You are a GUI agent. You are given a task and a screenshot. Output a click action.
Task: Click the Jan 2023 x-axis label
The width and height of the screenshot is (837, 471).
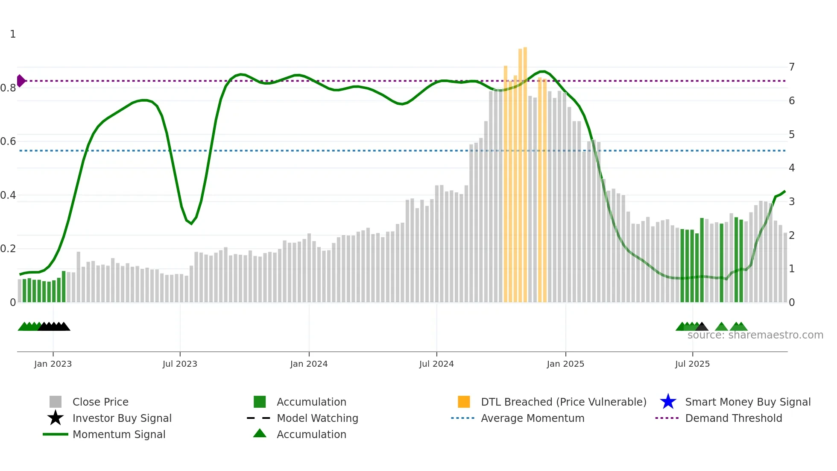pyautogui.click(x=53, y=364)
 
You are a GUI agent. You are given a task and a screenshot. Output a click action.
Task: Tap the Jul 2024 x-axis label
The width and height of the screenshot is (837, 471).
pyautogui.click(x=436, y=364)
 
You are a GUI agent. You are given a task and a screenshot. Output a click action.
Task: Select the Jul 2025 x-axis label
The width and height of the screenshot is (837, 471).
pyautogui.click(x=692, y=364)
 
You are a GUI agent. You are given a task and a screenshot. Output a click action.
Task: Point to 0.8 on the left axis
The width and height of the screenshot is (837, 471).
pyautogui.click(x=8, y=88)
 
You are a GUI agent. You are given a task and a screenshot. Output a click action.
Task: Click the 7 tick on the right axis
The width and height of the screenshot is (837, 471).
pyautogui.click(x=792, y=67)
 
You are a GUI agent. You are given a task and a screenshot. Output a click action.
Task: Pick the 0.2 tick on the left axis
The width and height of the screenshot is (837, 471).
pyautogui.click(x=8, y=249)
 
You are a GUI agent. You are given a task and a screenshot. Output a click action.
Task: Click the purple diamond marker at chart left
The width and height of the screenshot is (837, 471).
pyautogui.click(x=20, y=81)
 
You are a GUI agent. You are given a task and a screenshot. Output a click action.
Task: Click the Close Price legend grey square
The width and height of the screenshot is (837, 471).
pyautogui.click(x=56, y=402)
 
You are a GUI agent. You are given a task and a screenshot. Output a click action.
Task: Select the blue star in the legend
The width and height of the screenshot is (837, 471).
pyautogui.click(x=668, y=402)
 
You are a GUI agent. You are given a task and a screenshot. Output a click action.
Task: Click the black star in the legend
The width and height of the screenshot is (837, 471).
pyautogui.click(x=56, y=418)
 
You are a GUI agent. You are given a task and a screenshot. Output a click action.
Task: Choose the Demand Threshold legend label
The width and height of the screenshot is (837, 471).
pyautogui.click(x=733, y=418)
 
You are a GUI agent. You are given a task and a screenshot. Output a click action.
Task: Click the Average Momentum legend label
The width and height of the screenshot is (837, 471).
pyautogui.click(x=533, y=418)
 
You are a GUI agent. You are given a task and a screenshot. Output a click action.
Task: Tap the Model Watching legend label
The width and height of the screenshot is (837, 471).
pyautogui.click(x=317, y=418)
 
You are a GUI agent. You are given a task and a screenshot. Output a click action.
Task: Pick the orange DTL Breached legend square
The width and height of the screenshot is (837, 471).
pyautogui.click(x=464, y=402)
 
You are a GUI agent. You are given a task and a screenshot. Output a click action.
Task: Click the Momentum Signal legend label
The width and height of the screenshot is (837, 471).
pyautogui.click(x=119, y=434)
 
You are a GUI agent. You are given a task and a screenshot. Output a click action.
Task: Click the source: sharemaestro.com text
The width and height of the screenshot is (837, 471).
pyautogui.click(x=755, y=335)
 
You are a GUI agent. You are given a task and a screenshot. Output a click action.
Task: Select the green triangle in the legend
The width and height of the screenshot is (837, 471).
pyautogui.click(x=260, y=433)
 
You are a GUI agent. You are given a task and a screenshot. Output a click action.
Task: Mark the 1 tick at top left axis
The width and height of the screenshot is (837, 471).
pyautogui.click(x=13, y=34)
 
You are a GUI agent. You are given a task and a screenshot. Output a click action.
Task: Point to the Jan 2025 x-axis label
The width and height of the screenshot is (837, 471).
pyautogui.click(x=565, y=364)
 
